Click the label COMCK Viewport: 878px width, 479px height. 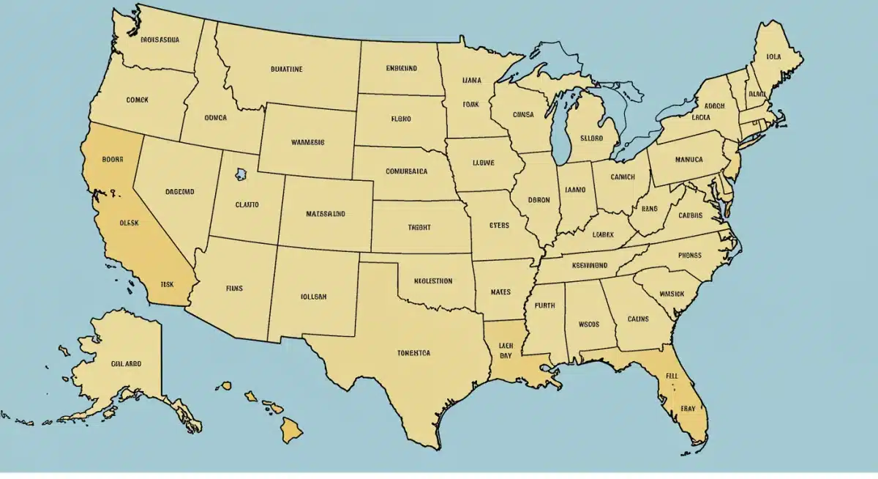point(137,100)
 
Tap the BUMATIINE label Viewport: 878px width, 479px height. point(286,70)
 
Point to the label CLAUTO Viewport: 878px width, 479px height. point(247,205)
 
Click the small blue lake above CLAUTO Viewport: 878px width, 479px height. point(241,174)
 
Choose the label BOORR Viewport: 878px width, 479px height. point(113,157)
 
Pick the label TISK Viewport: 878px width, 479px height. point(167,283)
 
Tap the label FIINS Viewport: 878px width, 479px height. point(234,289)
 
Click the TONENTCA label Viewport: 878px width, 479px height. point(414,352)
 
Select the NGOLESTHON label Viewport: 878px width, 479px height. point(433,281)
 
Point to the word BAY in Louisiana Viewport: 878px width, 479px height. point(506,355)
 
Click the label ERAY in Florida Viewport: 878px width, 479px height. point(688,408)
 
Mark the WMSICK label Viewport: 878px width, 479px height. point(671,294)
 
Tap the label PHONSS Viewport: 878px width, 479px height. point(689,256)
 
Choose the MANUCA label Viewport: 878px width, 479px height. point(688,159)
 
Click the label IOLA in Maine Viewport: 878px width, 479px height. point(773,56)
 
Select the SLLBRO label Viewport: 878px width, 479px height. point(591,137)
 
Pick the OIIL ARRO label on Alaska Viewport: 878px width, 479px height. point(127,363)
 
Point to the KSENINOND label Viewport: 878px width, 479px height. point(590,265)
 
